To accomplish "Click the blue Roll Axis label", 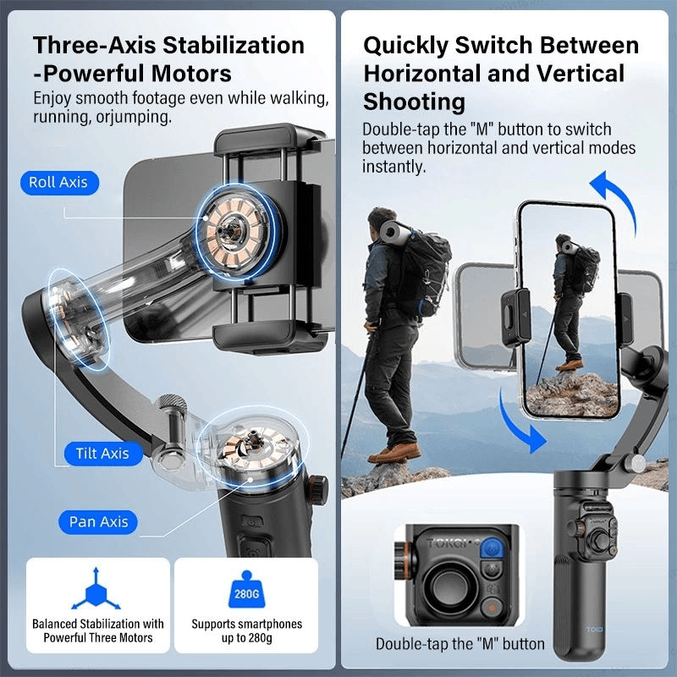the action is pos(59,183).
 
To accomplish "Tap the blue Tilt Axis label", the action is pos(103,454).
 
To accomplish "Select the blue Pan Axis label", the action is pos(98,522).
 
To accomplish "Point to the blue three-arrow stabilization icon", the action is pos(96,590).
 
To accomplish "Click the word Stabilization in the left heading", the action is pos(234,46).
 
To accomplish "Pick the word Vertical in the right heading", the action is pos(581,74).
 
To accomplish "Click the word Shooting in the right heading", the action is pos(415,102).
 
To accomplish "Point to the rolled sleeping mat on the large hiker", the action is pos(393,232).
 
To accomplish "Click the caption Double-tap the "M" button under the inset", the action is pos(460,644).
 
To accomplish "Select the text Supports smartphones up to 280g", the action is pos(246,630).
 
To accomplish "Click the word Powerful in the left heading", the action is pos(94,74).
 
